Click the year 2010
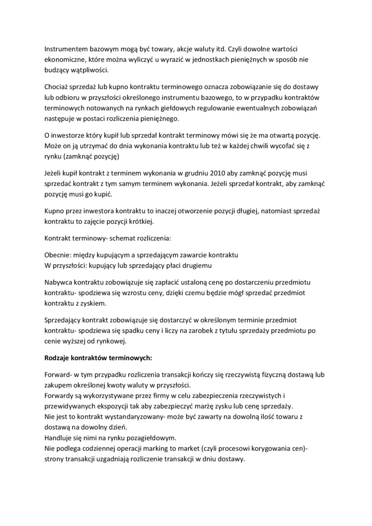[218, 173]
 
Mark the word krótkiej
[139, 221]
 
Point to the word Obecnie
[58, 255]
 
